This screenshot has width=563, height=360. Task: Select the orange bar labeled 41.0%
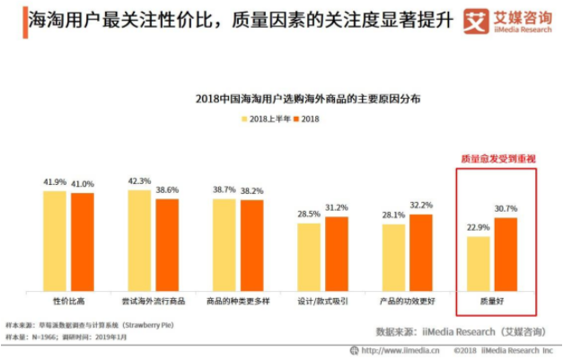83,241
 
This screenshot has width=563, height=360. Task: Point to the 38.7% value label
224,189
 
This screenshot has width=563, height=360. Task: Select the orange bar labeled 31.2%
337,253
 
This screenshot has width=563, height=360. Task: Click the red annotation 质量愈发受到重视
497,158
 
